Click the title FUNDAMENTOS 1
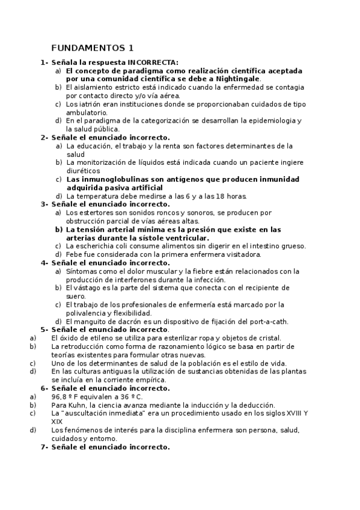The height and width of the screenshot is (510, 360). point(93,48)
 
